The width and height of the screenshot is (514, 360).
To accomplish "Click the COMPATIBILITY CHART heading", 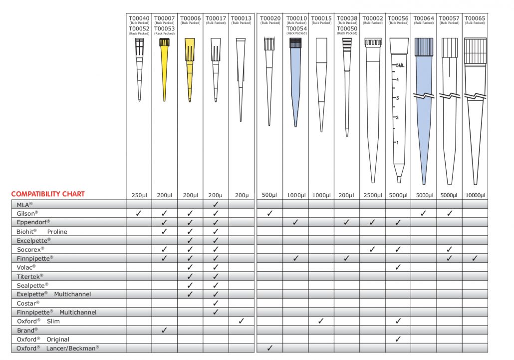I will click(48, 194).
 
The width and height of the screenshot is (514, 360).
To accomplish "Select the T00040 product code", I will click(139, 18).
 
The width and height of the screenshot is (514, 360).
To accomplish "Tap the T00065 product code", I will click(475, 18).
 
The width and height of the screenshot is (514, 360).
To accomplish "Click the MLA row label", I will click(24, 204).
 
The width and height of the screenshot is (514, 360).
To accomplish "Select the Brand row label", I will click(27, 330).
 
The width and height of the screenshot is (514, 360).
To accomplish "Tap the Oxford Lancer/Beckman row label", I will click(58, 348).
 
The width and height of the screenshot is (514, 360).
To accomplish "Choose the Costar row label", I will click(28, 303).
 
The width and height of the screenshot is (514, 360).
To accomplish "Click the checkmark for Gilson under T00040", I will click(139, 213).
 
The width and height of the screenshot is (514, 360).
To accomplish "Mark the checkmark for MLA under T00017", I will click(216, 204).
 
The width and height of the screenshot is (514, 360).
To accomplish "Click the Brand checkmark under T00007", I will click(164, 330).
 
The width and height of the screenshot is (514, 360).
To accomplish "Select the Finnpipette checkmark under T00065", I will click(475, 258).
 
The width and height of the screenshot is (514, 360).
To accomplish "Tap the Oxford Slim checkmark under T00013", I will click(241, 321).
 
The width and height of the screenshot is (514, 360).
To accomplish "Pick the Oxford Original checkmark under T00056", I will click(398, 339).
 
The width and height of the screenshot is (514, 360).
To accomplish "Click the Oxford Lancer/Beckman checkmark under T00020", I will click(269, 348).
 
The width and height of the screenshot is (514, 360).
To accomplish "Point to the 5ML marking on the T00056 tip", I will click(400, 65).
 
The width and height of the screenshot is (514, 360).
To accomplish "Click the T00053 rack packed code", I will click(164, 29).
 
